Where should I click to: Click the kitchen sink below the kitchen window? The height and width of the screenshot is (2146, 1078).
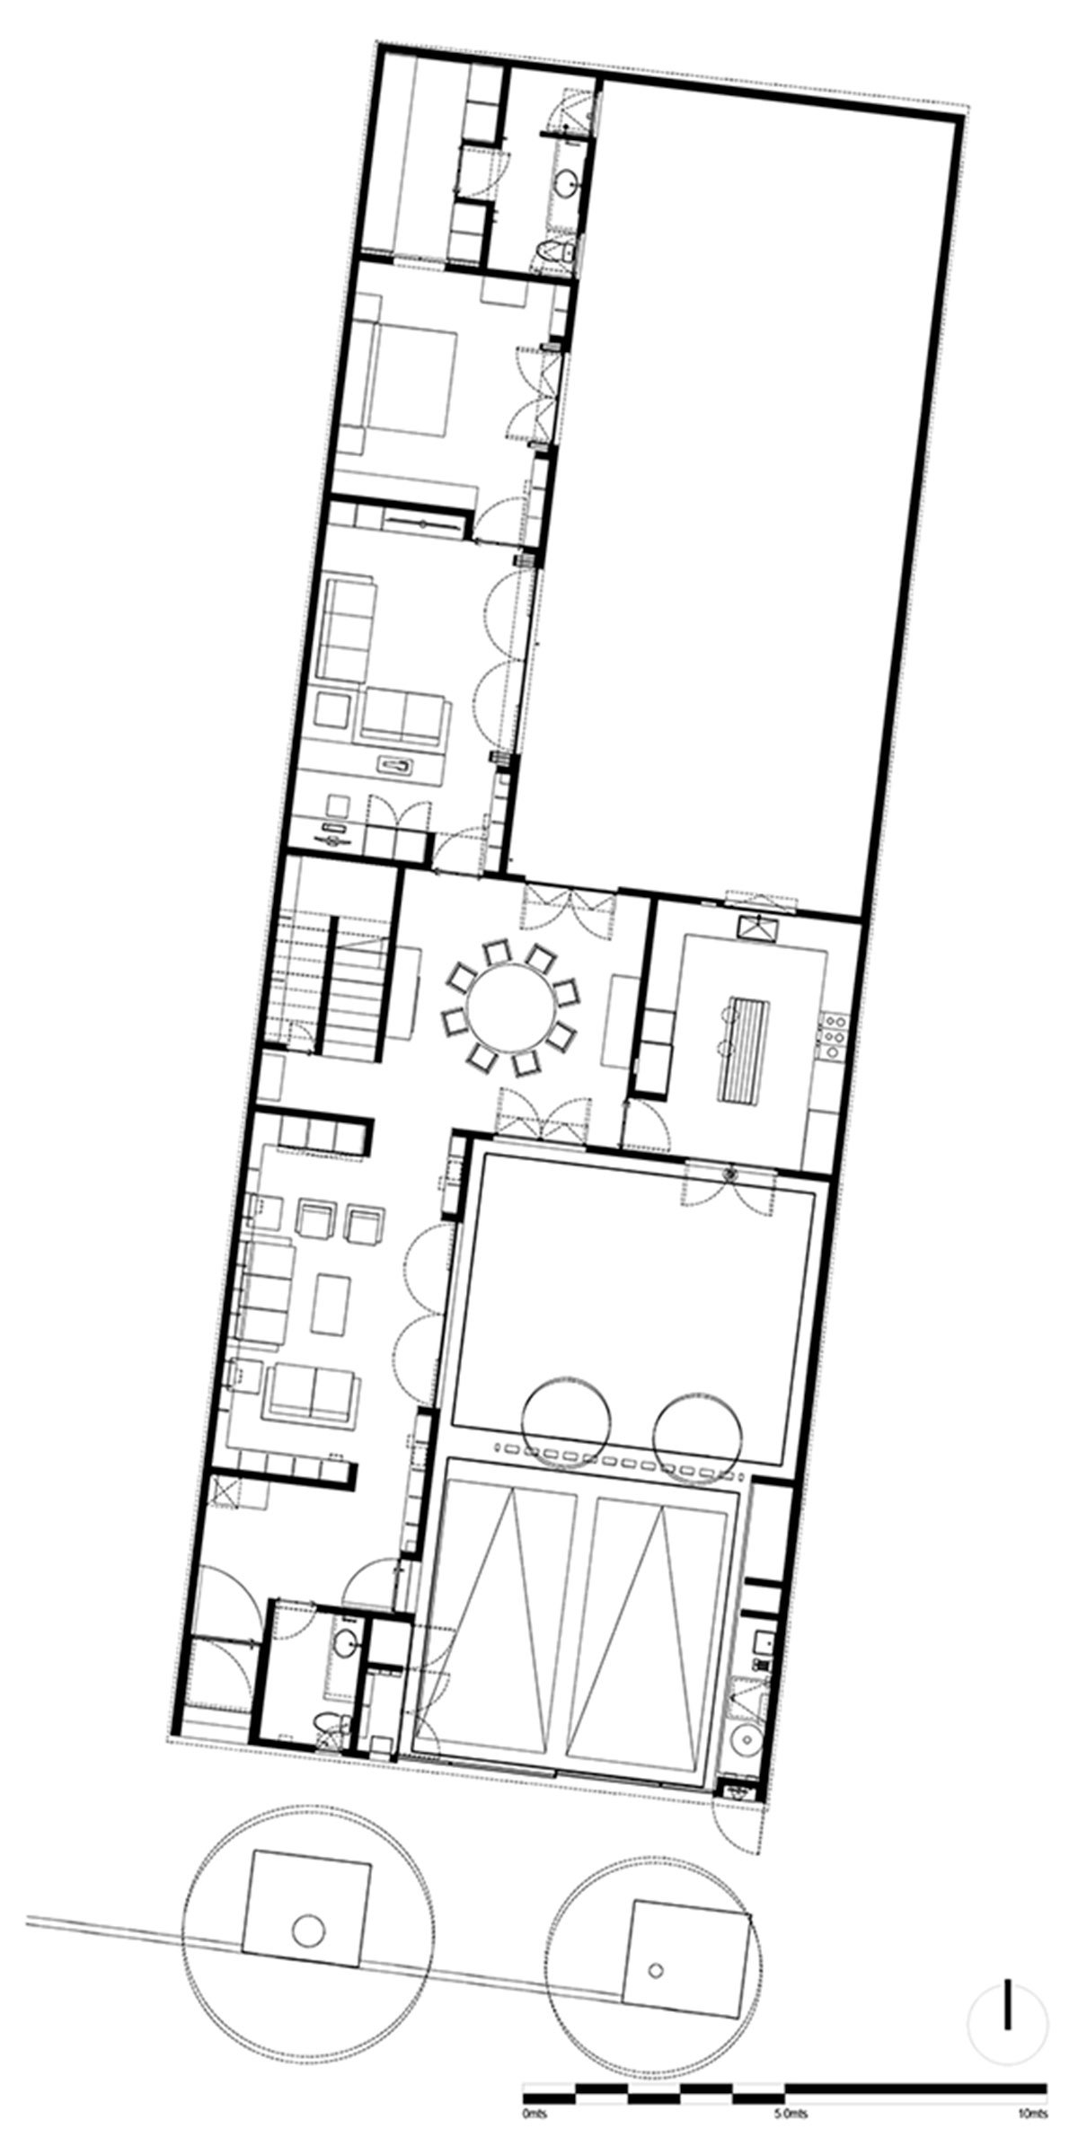[756, 926]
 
